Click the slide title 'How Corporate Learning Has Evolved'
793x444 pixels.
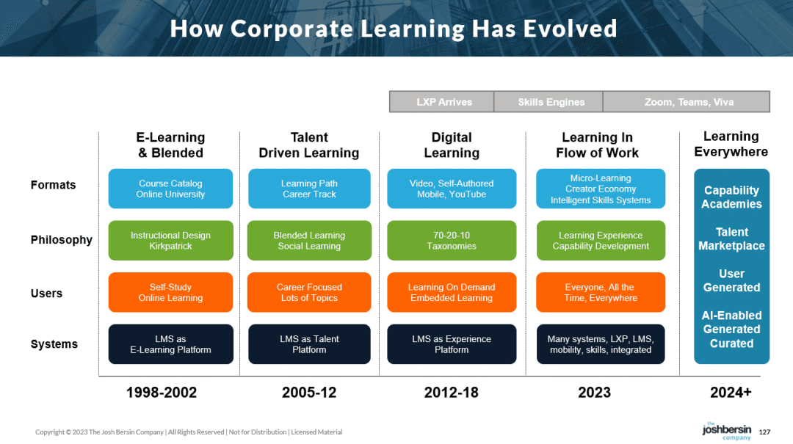point(394,29)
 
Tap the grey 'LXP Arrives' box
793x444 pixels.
point(441,102)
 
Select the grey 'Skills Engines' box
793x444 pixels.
point(548,102)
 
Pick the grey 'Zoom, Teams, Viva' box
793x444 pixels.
point(687,102)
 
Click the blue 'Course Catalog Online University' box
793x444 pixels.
point(170,189)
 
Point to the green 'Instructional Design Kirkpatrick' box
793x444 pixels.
point(170,241)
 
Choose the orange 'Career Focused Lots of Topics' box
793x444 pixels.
point(309,292)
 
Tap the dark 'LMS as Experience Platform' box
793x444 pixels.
point(452,344)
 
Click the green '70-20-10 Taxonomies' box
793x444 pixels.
point(452,241)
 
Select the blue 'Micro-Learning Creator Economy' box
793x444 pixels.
point(601,189)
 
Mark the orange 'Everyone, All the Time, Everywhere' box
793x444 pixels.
point(601,292)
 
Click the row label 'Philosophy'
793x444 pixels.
point(61,240)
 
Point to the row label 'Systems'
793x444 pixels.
point(54,344)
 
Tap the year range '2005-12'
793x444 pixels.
point(309,393)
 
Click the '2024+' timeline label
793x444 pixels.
point(731,393)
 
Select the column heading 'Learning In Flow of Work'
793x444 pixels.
point(597,145)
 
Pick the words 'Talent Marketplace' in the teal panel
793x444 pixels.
point(732,239)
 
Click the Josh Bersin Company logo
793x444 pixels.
point(727,431)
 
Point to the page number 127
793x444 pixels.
point(764,432)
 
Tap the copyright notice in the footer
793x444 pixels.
point(189,432)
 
